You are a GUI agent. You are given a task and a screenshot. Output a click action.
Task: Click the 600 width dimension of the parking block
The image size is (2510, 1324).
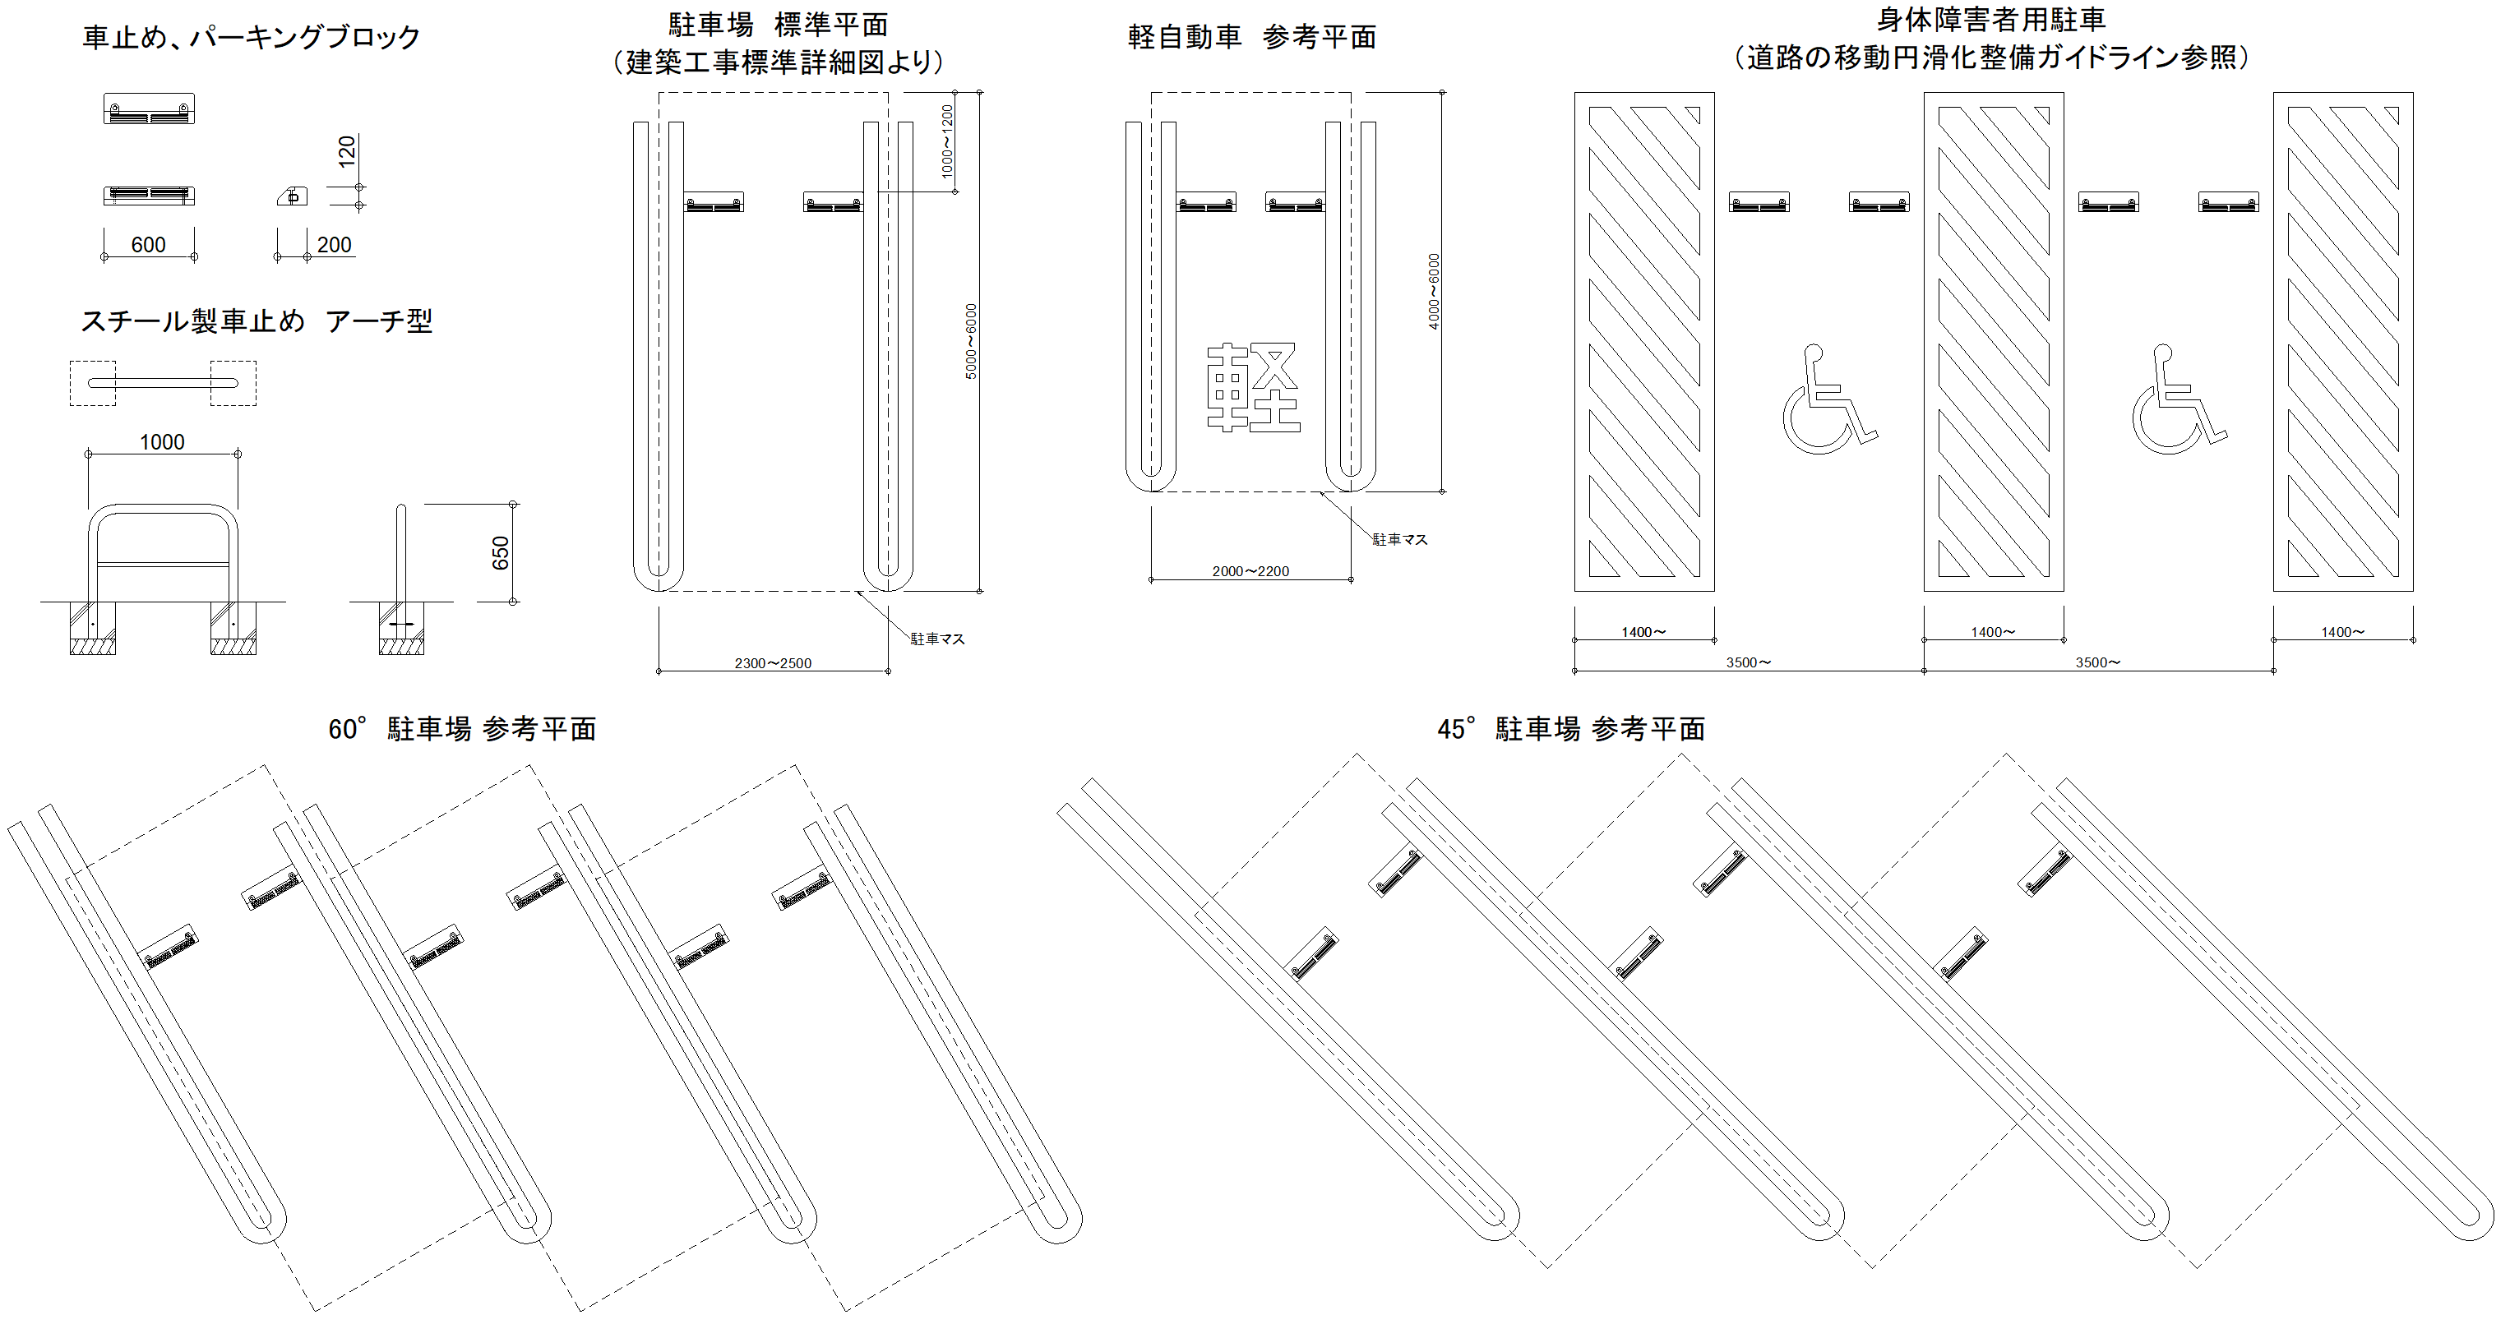tap(148, 245)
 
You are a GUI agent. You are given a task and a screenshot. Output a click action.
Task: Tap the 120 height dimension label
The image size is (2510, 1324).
tap(347, 152)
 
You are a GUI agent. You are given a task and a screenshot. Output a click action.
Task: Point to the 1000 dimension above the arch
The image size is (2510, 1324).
tap(162, 442)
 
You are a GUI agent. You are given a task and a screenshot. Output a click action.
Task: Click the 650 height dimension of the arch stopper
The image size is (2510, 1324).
tap(500, 552)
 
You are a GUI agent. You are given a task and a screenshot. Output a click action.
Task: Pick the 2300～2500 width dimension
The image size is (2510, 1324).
tap(773, 663)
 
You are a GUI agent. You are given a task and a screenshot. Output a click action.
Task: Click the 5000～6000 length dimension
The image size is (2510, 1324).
tap(970, 341)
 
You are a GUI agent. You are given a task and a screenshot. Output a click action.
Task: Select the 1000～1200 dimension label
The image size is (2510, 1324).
tap(947, 141)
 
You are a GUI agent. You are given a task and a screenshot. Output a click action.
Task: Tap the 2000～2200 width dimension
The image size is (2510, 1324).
tap(1250, 571)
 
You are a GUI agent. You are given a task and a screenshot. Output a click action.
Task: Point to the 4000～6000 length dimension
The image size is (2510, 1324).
tap(1433, 291)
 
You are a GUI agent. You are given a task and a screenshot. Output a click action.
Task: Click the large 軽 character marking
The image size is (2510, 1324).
tap(1253, 387)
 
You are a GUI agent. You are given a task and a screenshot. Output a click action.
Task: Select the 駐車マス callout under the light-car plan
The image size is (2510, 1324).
tap(1399, 540)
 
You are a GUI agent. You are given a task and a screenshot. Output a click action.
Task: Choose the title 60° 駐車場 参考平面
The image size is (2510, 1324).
tap(462, 729)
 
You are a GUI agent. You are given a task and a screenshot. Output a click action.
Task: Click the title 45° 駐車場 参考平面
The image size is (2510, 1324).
tap(1570, 729)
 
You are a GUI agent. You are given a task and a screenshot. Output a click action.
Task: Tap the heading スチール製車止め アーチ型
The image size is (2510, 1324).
tap(257, 321)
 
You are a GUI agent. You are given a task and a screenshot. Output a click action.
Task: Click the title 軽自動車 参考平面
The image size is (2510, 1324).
tap(1252, 37)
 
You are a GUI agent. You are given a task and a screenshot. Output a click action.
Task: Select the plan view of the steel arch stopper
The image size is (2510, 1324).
tap(163, 383)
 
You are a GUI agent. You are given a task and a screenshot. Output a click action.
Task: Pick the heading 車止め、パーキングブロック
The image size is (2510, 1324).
tap(252, 37)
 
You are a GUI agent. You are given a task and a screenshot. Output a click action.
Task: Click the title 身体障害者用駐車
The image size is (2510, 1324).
tap(1991, 20)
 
